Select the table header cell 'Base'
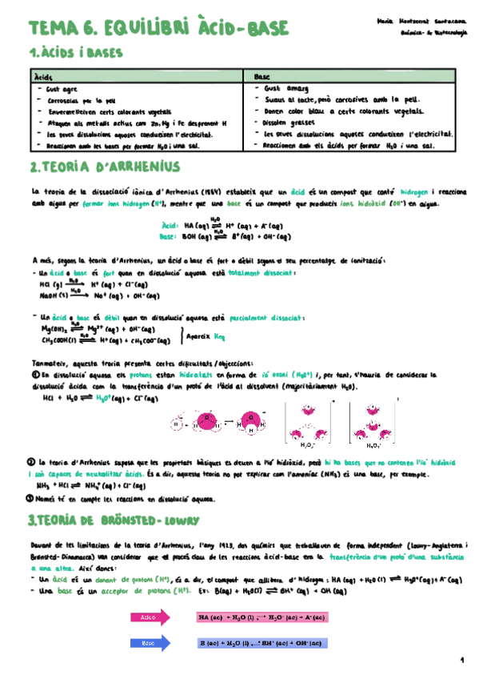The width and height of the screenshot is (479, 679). (x=261, y=74)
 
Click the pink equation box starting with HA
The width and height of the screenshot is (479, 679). (x=251, y=617)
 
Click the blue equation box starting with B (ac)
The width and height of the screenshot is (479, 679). (x=251, y=643)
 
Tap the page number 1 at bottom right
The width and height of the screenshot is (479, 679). (x=461, y=661)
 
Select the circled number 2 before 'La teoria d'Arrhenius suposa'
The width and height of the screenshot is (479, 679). (x=30, y=462)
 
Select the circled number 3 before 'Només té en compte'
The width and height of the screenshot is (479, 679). (x=30, y=496)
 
